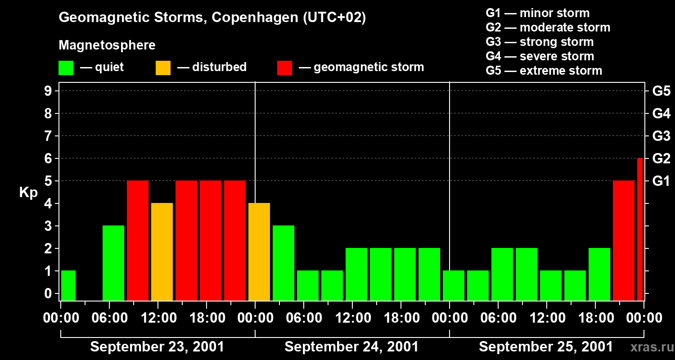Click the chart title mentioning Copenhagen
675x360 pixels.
coord(212,18)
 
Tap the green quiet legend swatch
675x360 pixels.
coord(66,68)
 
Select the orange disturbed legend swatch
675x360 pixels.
coord(163,68)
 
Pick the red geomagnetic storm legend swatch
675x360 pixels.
coord(284,68)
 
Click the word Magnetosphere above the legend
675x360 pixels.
coord(107,45)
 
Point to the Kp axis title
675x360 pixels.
coord(28,193)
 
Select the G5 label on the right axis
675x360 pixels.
coord(661,91)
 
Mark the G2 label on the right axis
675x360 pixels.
coord(661,158)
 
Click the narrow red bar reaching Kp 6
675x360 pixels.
coord(640,229)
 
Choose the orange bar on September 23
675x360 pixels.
coord(162,252)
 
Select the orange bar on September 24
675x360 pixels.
coord(259,252)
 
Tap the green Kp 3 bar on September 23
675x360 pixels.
coord(113,263)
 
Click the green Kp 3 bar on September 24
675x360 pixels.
coord(283,263)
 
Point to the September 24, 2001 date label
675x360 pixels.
coord(351,347)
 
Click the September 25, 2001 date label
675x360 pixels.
coord(545,347)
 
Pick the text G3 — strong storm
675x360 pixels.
coord(540,42)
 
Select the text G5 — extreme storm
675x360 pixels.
coord(544,71)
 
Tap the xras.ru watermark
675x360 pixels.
coord(648,347)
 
